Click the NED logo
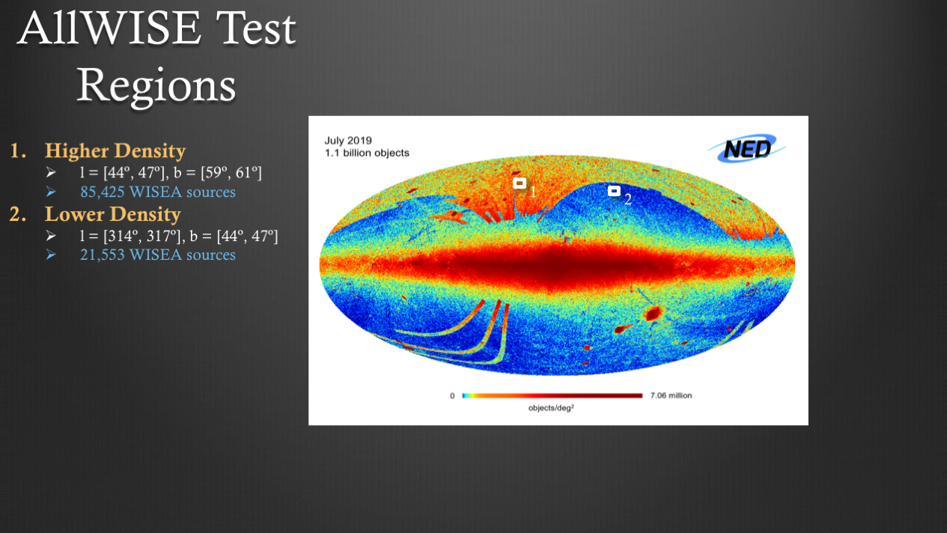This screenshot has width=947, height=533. coord(746,148)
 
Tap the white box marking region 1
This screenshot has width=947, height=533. coord(520,183)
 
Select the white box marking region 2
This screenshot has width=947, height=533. coord(615,191)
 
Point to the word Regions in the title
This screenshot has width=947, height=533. coord(156,86)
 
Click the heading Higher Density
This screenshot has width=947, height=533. coord(115,151)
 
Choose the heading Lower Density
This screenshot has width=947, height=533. coord(113,214)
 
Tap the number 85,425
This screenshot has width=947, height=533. coord(103,192)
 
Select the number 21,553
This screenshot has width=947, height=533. coord(103,255)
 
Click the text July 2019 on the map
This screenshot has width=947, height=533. coord(348,140)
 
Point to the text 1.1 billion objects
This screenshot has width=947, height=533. coord(367,153)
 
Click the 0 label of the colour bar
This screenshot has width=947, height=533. coord(452,395)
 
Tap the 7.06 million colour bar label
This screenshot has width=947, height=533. coord(671,395)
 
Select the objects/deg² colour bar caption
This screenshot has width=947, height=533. coord(551,408)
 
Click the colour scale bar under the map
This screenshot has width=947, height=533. coord(552,395)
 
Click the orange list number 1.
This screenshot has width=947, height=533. coord(17,151)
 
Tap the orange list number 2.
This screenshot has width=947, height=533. coord(18,214)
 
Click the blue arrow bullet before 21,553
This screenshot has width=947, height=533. coord(51,255)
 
